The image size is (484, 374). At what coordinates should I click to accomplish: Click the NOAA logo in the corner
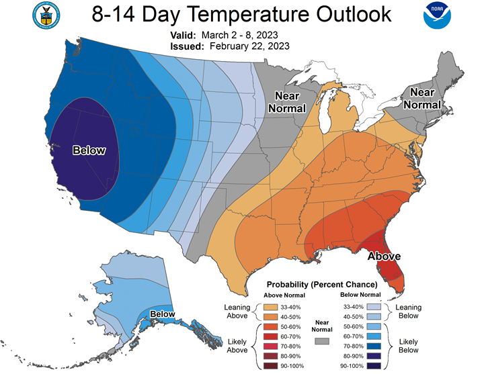437,15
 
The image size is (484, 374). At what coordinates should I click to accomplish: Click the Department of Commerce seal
46,15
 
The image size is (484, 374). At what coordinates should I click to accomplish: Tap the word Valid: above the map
183,35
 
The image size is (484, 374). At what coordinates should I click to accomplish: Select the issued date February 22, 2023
249,46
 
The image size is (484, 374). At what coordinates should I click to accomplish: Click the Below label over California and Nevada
89,150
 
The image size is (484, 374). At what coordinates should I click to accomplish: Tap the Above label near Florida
384,256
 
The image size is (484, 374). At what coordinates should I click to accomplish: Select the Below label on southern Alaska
163,314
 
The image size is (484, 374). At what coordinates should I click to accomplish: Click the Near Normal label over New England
422,98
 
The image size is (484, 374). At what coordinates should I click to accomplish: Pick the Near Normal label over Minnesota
287,102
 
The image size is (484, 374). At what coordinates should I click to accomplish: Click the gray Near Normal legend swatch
322,341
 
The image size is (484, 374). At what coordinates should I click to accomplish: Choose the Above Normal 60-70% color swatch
270,336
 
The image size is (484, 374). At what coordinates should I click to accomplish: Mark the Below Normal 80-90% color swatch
374,356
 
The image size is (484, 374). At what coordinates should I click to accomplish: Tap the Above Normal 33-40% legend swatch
270,307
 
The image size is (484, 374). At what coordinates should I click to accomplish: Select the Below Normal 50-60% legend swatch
374,326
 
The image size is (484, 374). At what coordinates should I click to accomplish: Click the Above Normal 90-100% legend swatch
270,366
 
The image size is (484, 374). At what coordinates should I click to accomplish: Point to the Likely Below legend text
409,346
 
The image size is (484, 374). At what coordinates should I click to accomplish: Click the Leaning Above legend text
237,312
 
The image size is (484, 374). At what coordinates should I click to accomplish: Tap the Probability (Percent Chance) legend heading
322,284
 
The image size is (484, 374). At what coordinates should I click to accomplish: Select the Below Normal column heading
360,295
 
